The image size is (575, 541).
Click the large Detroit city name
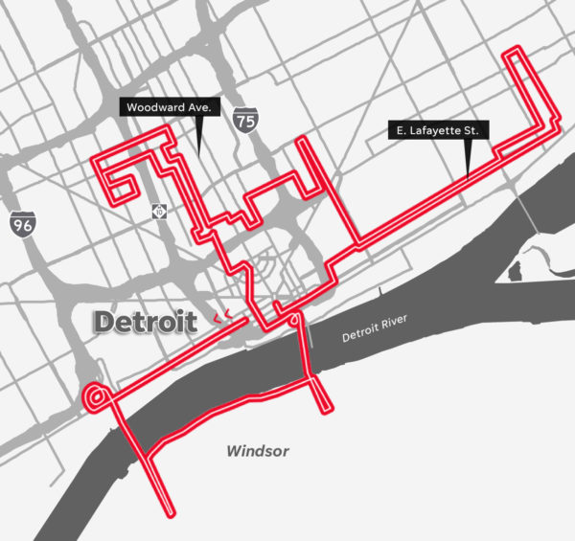(145, 323)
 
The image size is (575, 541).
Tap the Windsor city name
(257, 451)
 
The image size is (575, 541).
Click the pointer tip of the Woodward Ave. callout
(197, 151)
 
